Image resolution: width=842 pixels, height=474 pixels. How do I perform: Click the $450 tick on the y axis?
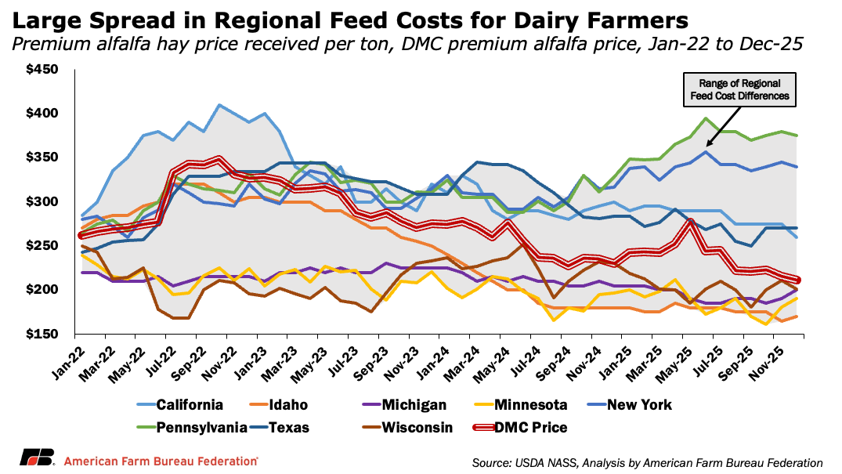tap(42, 70)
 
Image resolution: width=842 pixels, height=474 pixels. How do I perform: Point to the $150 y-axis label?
tap(42, 335)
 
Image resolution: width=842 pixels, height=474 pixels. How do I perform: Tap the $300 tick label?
tap(42, 202)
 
